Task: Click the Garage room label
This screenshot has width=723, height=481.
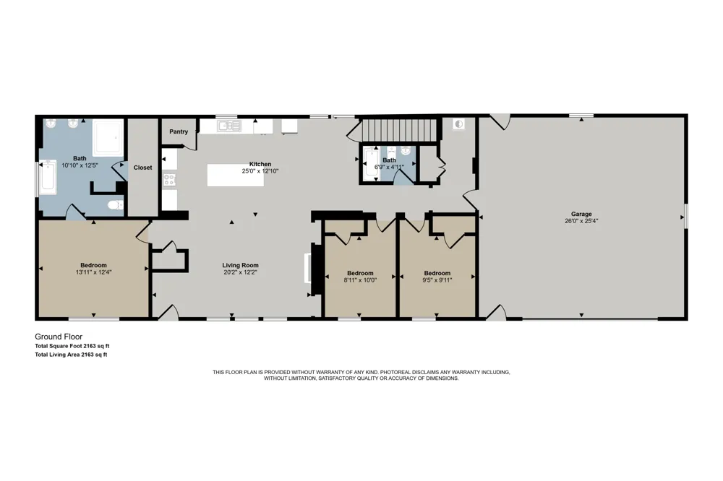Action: click(x=581, y=214)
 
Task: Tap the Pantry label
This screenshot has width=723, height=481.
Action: click(x=179, y=131)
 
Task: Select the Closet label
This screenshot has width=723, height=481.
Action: click(x=142, y=168)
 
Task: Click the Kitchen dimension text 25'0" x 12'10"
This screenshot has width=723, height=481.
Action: click(x=260, y=171)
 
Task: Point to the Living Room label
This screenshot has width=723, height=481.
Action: click(x=240, y=265)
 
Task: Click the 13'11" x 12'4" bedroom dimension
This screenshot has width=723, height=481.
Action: click(x=93, y=272)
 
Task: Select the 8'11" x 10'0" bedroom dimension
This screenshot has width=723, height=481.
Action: click(x=360, y=279)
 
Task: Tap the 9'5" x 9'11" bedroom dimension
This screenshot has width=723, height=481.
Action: click(x=437, y=279)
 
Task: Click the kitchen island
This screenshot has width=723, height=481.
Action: click(x=235, y=175)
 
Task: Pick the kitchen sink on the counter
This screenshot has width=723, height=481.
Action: click(x=229, y=126)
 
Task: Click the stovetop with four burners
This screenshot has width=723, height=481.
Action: click(x=169, y=180)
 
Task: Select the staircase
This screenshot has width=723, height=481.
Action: click(x=399, y=129)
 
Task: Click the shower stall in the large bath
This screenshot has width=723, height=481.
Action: click(x=108, y=137)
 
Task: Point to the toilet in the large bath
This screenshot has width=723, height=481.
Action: click(x=115, y=204)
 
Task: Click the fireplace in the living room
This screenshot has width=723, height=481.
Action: click(x=307, y=268)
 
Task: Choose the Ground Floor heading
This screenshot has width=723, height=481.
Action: click(x=59, y=337)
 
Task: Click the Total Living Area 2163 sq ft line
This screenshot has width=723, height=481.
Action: click(x=71, y=355)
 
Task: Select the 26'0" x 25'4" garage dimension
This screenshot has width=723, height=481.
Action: click(x=581, y=221)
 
